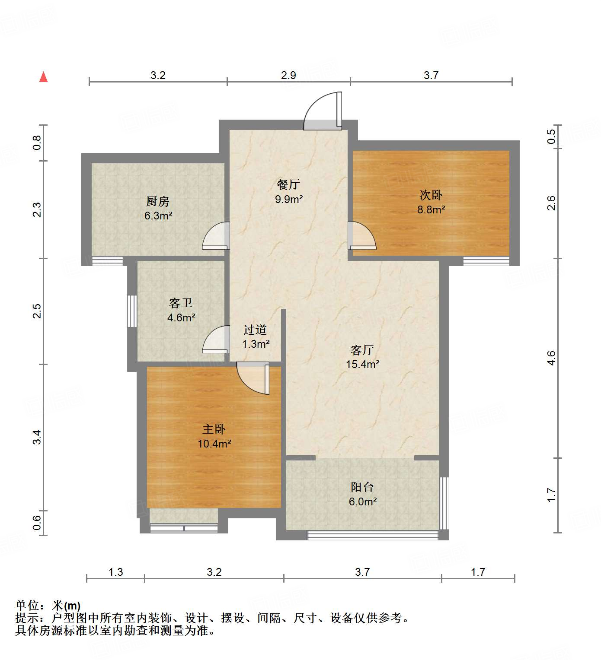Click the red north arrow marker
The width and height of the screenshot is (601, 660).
click(43, 77)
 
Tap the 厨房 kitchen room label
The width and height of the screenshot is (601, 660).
click(158, 201)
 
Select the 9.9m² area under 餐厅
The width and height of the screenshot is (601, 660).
click(288, 199)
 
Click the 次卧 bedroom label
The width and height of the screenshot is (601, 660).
click(431, 195)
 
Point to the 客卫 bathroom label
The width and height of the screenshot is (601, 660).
click(181, 303)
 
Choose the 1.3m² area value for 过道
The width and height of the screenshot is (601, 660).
click(256, 344)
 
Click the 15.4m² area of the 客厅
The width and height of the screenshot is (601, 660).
click(362, 364)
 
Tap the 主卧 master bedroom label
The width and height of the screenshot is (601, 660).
click(214, 429)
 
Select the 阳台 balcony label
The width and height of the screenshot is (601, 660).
click(362, 487)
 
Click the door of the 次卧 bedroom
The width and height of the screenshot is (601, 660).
click(361, 236)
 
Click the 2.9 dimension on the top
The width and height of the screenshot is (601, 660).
click(288, 76)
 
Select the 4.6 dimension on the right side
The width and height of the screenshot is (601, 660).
click(551, 358)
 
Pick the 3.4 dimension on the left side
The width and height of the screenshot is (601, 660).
click(38, 437)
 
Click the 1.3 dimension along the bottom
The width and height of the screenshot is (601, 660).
click(115, 572)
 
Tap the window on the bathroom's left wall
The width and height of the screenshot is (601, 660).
click(132, 311)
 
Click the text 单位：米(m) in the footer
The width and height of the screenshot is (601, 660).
click(48, 606)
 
